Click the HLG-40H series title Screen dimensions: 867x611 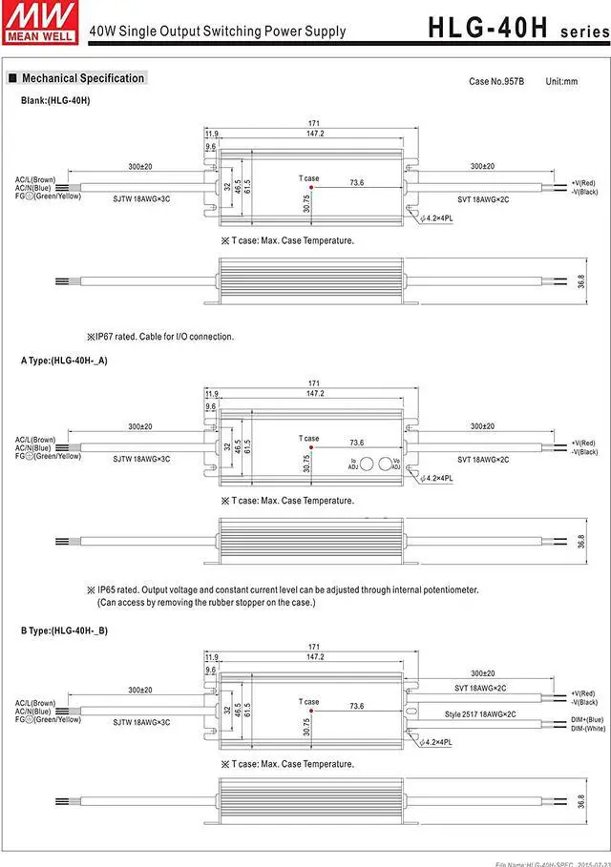(515, 27)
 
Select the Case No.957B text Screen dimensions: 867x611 (496, 81)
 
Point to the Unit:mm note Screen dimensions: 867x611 (561, 81)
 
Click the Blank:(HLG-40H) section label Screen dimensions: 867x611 (55, 100)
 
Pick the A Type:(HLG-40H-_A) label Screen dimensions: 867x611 (64, 361)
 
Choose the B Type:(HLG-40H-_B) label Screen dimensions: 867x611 (64, 630)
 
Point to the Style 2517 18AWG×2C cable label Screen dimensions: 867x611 (480, 714)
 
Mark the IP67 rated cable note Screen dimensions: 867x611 (159, 336)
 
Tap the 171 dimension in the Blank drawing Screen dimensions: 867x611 (314, 124)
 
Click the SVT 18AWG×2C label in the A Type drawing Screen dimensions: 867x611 (483, 460)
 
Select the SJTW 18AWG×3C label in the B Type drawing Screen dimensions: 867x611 (141, 722)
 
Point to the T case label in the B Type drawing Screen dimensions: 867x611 (308, 701)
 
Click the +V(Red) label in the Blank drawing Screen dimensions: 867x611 (583, 182)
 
